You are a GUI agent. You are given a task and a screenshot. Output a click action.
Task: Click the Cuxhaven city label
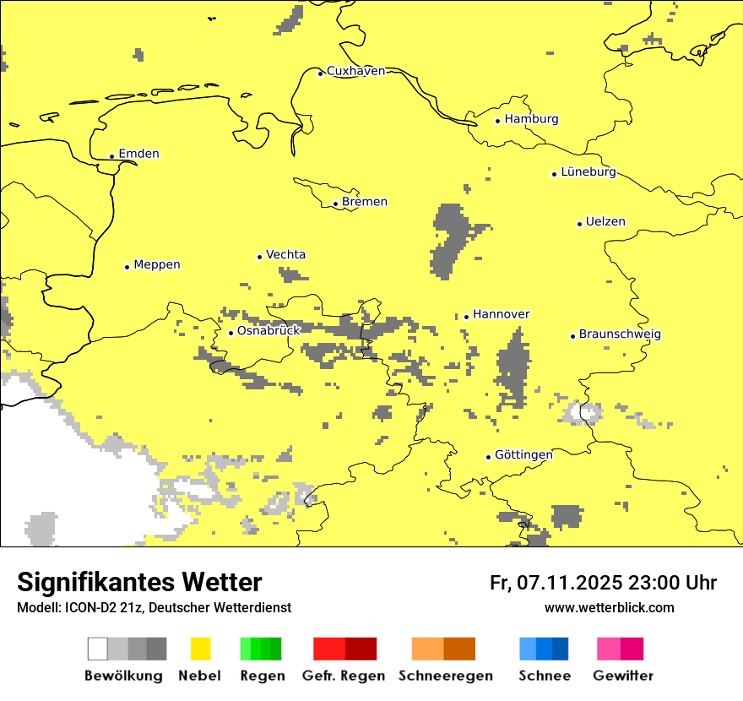click(x=355, y=71)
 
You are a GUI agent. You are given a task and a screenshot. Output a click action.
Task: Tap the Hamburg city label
click(x=531, y=119)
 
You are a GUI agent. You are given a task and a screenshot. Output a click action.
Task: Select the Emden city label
click(x=138, y=154)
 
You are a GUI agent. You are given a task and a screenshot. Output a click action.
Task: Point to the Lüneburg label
click(x=588, y=171)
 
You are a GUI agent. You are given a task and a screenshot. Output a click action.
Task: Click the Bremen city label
click(x=365, y=202)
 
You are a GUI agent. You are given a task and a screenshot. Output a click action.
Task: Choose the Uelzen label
click(x=605, y=222)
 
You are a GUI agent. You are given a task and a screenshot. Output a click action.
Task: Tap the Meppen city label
click(x=157, y=264)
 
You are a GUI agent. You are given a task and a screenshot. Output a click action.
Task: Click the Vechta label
click(x=285, y=254)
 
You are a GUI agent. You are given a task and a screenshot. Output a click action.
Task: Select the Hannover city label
click(x=501, y=314)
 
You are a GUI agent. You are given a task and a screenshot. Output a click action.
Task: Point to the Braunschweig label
click(x=620, y=334)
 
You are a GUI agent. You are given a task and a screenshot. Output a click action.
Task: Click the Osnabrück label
click(x=268, y=331)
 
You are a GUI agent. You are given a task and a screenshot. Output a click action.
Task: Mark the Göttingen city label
click(x=523, y=455)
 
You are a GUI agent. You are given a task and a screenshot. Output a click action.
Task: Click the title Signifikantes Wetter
click(x=139, y=582)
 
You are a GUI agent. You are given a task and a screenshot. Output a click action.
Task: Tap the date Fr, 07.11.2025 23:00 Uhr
click(x=603, y=583)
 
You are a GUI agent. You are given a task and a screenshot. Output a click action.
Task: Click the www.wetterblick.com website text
click(x=609, y=607)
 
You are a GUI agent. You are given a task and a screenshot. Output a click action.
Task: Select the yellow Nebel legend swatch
click(x=201, y=649)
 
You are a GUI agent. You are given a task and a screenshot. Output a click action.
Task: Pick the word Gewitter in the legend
click(x=622, y=676)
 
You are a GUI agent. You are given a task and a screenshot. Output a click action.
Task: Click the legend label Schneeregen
click(x=445, y=676)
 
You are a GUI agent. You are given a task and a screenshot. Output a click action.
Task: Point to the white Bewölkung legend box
click(x=98, y=649)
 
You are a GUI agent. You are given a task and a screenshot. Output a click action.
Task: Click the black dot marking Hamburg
click(x=498, y=121)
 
